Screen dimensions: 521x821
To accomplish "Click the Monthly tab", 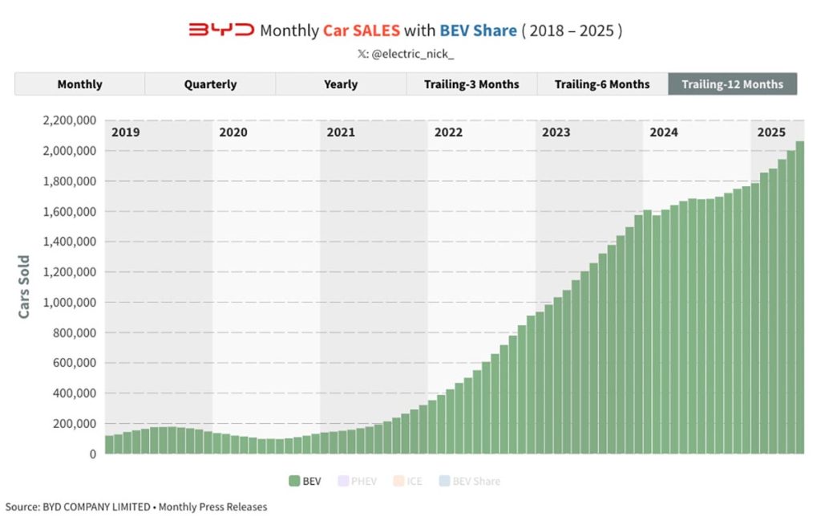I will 79,84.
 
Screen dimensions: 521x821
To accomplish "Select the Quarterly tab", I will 210,84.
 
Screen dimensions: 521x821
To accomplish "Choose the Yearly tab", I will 341,84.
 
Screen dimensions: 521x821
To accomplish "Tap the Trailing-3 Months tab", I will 471,84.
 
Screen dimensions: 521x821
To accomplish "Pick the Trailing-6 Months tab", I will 602,84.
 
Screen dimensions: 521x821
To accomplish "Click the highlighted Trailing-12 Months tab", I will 732,84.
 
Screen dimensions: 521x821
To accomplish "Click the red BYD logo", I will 221,31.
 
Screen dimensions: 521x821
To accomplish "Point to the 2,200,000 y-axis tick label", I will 68,120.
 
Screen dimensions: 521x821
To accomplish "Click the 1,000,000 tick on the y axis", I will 68,303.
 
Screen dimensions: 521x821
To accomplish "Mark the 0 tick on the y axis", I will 92,454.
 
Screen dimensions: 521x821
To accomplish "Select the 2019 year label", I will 125,132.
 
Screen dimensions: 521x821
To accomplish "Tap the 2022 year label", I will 448,132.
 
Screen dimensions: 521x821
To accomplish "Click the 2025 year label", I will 771,132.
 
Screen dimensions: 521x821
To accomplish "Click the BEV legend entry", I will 305,482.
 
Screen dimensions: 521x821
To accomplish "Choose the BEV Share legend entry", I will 469,482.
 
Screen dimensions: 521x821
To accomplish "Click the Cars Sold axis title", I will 24,287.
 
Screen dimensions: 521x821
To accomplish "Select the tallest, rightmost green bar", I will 799,297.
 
